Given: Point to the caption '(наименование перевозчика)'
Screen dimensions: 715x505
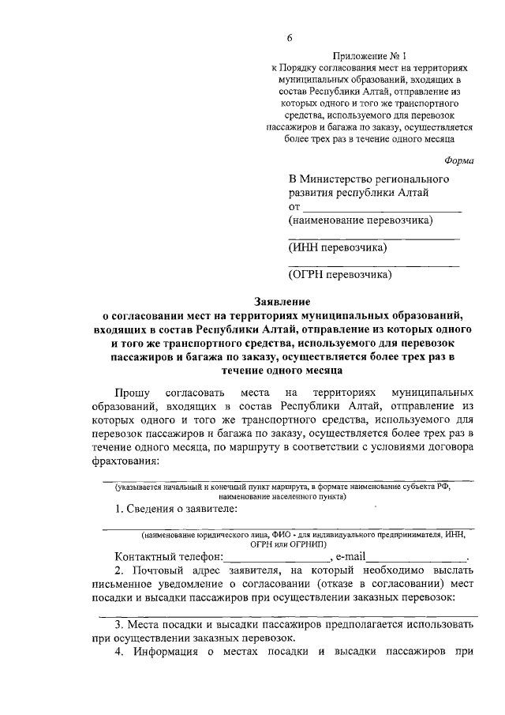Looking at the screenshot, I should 361,220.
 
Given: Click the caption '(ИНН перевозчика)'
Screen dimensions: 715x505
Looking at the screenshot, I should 338,247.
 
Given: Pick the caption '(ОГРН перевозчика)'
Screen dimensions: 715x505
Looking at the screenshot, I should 340,275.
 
